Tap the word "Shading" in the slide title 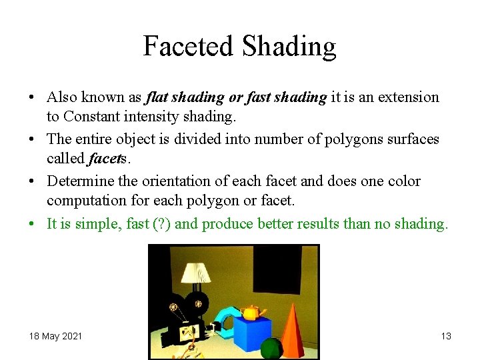(289, 47)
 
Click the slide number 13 (446, 336)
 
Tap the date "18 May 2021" (55, 336)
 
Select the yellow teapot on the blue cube (251, 312)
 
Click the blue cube (252, 333)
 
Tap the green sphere (271, 348)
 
